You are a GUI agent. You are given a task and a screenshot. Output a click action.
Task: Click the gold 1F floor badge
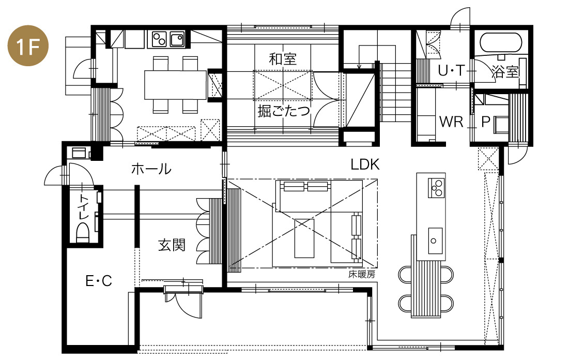pyautogui.click(x=27, y=46)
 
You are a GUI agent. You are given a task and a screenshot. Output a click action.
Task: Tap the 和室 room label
pyautogui.click(x=283, y=59)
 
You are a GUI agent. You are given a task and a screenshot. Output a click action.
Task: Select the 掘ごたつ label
pyautogui.click(x=284, y=111)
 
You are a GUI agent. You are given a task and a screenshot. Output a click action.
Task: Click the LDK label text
pyautogui.click(x=365, y=164)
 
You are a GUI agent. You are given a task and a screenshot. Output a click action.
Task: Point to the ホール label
pyautogui.click(x=151, y=169)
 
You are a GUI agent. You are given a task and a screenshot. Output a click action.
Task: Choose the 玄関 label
pyautogui.click(x=172, y=245)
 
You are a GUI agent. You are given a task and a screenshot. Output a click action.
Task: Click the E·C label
pyautogui.click(x=99, y=280)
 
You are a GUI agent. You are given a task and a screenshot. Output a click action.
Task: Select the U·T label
pyautogui.click(x=451, y=70)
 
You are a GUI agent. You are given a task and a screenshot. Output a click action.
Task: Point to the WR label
pyautogui.click(x=451, y=122)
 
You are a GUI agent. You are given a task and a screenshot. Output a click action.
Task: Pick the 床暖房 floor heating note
pyautogui.click(x=362, y=274)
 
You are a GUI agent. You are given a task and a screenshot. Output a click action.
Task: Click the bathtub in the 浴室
pyautogui.click(x=500, y=43)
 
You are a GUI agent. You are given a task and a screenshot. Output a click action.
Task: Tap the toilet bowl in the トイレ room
pyautogui.click(x=83, y=232)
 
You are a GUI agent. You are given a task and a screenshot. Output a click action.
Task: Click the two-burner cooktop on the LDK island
pyautogui.click(x=436, y=188)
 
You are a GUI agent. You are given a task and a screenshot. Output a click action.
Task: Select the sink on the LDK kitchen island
pyautogui.click(x=435, y=241)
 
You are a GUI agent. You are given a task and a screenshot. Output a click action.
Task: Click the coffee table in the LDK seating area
pyautogui.click(x=304, y=238)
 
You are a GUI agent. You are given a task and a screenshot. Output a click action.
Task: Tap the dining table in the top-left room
pyautogui.click(x=175, y=85)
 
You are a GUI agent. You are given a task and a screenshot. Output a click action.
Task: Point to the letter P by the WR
pyautogui.click(x=486, y=122)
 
